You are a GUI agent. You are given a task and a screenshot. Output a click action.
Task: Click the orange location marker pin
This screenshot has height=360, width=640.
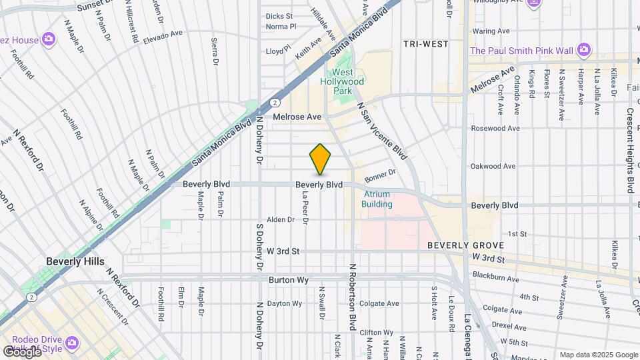coord(320,159)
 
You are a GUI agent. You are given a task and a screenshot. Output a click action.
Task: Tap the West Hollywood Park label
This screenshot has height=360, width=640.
coord(348,81)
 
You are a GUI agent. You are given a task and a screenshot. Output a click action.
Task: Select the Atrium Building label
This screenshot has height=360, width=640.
coord(377,199)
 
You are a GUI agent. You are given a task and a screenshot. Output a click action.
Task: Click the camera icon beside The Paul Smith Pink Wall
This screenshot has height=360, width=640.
coord(584,50)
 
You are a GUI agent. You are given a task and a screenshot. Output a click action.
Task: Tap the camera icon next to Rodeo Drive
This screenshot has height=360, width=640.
coord(71,343)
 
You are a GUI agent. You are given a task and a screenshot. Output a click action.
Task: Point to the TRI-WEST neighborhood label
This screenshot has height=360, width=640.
coord(425,44)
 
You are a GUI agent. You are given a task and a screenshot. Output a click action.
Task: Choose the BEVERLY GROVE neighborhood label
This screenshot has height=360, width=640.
coord(459,245)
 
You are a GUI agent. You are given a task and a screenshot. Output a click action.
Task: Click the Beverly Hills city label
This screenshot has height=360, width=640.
coord(75,261)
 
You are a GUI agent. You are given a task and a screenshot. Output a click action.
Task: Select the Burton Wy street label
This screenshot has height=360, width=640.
coord(288,281)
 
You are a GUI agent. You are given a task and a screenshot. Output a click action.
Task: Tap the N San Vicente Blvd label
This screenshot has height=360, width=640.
coord(382,131)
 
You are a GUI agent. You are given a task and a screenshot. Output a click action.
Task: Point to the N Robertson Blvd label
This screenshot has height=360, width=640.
coord(351,297)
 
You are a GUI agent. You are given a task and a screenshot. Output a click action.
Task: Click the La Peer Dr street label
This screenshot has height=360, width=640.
coord(305,205)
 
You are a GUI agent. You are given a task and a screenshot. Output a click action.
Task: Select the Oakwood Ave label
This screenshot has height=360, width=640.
coord(493,166)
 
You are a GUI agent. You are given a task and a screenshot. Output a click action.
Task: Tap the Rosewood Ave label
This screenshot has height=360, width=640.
coord(495,128)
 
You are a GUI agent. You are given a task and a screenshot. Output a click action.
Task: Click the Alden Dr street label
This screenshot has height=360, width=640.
coord(280,219)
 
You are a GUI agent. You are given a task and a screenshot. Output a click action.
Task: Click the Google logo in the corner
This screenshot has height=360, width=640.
coord(22,351)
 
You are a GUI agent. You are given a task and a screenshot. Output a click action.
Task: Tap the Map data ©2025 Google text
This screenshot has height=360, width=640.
coord(598,355)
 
